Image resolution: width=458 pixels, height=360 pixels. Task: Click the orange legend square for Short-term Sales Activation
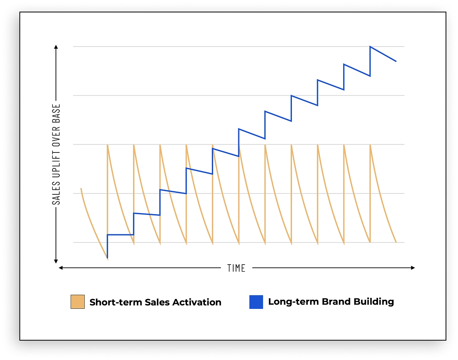[x=77, y=302]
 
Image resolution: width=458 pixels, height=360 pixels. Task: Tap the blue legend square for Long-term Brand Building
[x=256, y=302]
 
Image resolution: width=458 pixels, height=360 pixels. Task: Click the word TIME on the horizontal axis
[x=236, y=268]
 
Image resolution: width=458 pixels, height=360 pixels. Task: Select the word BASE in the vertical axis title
[x=57, y=115]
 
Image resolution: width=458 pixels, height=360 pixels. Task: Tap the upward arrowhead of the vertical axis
[x=56, y=47]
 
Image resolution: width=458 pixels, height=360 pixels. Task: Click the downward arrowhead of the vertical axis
[x=56, y=261]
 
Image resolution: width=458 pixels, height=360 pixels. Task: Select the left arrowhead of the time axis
[x=61, y=268]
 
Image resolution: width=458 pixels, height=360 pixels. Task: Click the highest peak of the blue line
[x=370, y=47]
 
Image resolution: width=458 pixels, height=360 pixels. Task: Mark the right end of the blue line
[x=396, y=61]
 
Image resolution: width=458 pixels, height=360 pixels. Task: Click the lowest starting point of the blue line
[x=107, y=258]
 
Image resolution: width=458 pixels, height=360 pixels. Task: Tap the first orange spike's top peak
[x=107, y=145]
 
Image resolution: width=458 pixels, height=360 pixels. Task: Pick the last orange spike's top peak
[x=370, y=145]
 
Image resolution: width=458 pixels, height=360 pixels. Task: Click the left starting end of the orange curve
[x=81, y=189]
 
